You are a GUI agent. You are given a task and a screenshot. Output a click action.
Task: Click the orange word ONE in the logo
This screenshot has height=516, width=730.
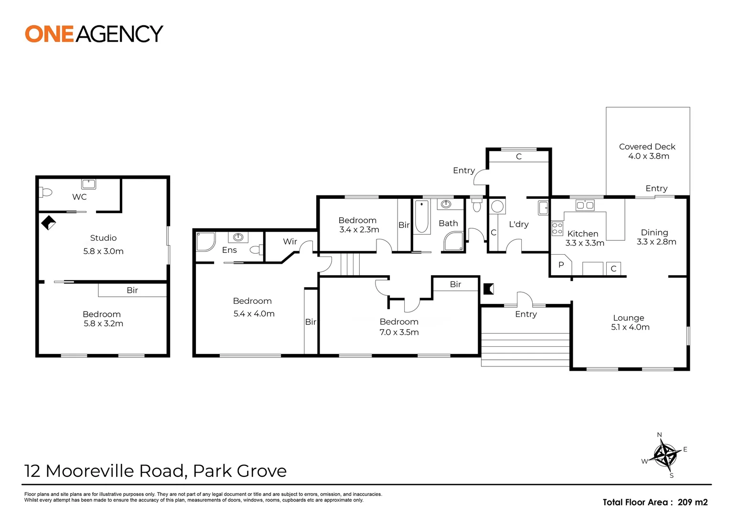pos(49,34)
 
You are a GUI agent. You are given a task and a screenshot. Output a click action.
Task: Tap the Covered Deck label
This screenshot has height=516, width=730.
pos(647,147)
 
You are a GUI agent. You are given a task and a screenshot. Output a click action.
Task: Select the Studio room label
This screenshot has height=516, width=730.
pos(103,237)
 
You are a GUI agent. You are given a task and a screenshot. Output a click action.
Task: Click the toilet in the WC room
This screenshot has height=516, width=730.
pos(46,193)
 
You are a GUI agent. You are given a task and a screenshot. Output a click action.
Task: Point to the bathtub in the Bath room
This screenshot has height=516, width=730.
pos(422,216)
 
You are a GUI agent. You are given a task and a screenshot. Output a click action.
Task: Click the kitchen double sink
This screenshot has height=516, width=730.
pos(585,204)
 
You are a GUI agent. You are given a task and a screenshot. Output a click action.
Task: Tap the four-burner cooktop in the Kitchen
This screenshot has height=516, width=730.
pos(557,228)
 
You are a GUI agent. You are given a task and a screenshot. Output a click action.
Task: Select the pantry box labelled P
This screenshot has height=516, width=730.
pos(561,265)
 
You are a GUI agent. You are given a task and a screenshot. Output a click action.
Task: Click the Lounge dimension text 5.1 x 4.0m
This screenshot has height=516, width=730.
pos(630,327)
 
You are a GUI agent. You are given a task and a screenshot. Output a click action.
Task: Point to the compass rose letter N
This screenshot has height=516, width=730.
pos(659,434)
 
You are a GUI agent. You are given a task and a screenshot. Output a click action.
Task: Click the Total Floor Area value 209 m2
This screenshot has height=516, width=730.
pos(693,502)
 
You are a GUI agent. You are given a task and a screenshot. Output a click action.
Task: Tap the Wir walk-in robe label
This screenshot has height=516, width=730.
pos(290,242)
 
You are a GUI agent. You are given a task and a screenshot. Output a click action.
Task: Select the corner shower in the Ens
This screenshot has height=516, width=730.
pos(205,242)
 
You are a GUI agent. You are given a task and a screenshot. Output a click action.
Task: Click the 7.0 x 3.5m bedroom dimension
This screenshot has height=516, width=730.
pos(399,332)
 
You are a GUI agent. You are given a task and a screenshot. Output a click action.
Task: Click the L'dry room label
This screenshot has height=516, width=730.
pos(518,224)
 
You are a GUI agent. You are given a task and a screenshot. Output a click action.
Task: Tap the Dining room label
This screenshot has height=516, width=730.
pos(655,232)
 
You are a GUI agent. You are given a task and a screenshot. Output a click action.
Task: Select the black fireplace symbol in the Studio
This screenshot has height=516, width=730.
pos(49,223)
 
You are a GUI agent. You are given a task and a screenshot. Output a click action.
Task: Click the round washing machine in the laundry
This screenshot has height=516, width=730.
pos(498,206)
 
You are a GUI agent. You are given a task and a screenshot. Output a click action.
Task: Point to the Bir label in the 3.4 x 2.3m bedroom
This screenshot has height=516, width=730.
pos(404,225)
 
